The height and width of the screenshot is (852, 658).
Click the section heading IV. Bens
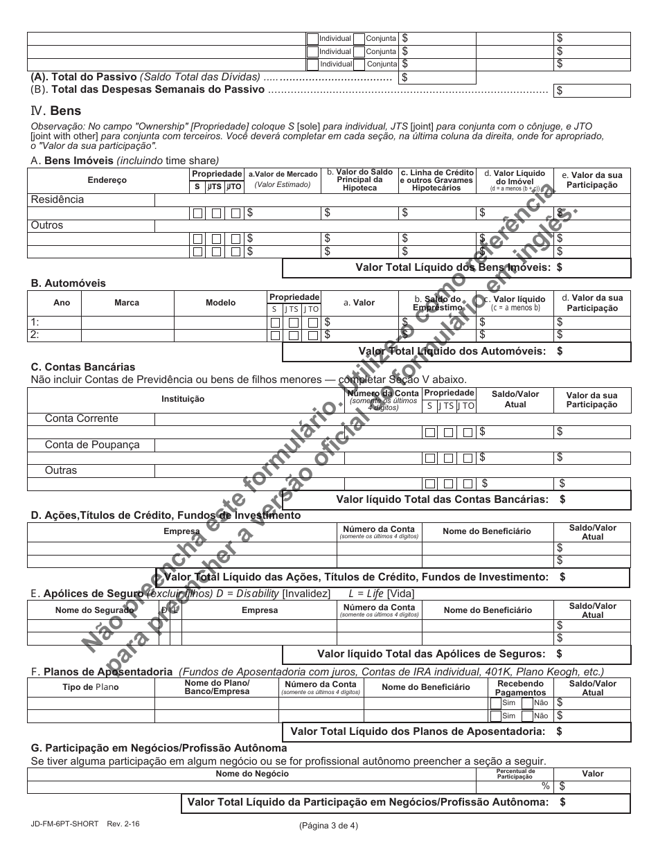[x=56, y=111]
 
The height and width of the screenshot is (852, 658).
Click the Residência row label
[x=57, y=199]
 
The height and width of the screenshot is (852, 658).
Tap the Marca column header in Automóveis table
[x=127, y=303]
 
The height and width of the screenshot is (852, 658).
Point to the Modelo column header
[x=220, y=303]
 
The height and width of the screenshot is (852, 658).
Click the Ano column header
[x=62, y=303]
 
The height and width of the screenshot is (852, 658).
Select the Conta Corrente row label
[x=82, y=418]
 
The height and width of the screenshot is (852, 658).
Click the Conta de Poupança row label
[x=92, y=445]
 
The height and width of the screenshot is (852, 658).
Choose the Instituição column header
[x=183, y=399]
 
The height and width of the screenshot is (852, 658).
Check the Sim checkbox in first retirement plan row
[x=495, y=702]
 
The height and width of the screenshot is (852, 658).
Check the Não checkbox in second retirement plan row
[x=527, y=716]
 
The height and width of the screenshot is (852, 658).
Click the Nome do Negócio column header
[x=252, y=774]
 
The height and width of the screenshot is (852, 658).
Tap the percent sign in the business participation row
[x=546, y=786]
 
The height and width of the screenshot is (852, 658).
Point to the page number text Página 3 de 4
[x=328, y=825]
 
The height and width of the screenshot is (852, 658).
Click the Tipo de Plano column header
[x=90, y=687]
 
